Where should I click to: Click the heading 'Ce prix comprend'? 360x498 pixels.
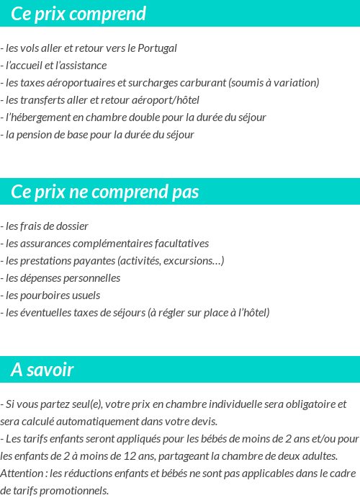pyautogui.click(x=78, y=14)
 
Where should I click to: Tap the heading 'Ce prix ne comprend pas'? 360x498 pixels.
pyautogui.click(x=105, y=192)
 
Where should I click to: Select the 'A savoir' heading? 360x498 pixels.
pyautogui.click(x=42, y=370)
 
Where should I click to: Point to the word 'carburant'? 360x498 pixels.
pyautogui.click(x=203, y=83)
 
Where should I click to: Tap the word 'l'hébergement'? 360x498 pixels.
pyautogui.click(x=36, y=117)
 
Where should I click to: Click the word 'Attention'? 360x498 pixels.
pyautogui.click(x=22, y=473)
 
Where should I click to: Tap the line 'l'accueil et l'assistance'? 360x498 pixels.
pyautogui.click(x=55, y=66)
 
